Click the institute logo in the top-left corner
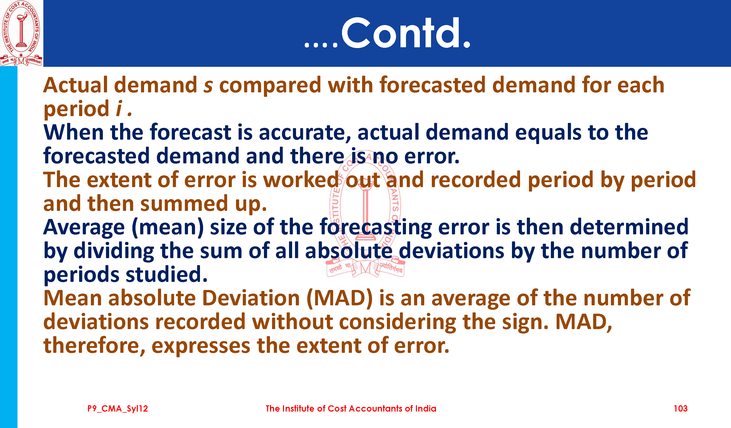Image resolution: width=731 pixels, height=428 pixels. coord(21,33)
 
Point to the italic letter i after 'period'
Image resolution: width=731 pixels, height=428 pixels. coord(119,109)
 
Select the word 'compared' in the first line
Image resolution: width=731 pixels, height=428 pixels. coord(270,86)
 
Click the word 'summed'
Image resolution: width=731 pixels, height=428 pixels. coord(184,204)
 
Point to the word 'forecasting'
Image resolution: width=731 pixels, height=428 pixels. coord(376,227)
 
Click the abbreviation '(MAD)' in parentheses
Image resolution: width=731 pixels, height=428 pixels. coord(340,298)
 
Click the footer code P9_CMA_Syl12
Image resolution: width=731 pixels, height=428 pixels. coord(118,409)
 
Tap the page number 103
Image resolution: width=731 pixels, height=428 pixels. coord(681,409)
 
